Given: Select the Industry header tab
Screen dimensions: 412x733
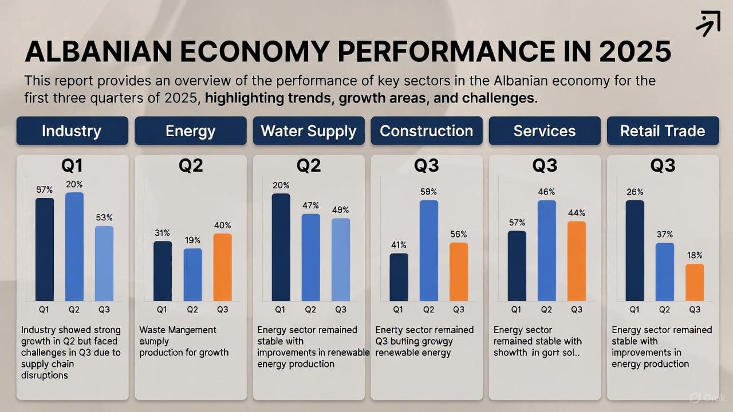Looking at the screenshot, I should [x=72, y=130].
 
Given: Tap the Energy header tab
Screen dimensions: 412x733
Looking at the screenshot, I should [x=190, y=130].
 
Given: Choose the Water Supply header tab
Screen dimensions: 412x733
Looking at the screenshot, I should [x=309, y=130].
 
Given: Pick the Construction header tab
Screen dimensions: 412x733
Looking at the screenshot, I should [x=427, y=130].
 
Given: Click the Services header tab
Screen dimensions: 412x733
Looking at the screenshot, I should [x=545, y=130].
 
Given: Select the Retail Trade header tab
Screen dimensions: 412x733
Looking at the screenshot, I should [x=663, y=130].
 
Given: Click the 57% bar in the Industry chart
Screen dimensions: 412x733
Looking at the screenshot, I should [x=45, y=249].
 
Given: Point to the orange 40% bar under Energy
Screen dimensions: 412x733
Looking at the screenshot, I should [x=223, y=267].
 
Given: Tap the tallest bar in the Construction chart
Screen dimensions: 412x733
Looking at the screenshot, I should [x=429, y=250].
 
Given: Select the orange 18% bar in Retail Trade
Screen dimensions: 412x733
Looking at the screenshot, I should [x=695, y=282].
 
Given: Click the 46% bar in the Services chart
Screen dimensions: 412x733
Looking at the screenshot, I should [x=546, y=250].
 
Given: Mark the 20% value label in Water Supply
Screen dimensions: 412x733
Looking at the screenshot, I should [x=281, y=185].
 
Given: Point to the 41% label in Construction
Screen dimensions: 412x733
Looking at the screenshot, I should [x=399, y=245].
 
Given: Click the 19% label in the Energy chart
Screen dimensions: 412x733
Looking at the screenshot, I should [x=193, y=240].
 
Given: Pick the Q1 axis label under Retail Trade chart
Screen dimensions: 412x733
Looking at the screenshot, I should [x=635, y=310].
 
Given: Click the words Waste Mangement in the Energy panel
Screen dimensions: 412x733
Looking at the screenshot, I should [x=178, y=330].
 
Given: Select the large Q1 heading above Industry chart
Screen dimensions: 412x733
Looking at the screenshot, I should [x=72, y=166].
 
